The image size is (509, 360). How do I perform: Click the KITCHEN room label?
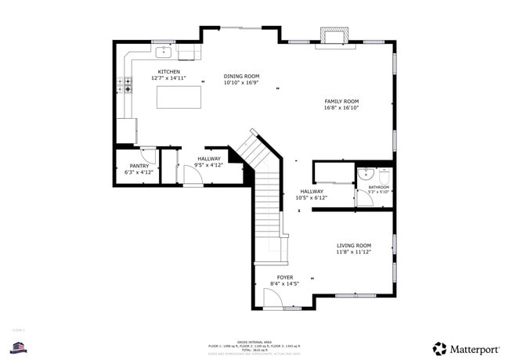coord(168,72)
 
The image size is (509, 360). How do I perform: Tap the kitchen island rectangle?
coord(179,97)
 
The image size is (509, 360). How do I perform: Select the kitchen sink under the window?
coord(164,52)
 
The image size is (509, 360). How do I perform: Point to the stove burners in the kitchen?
coord(125,85)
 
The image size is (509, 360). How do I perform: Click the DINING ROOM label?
coord(240,76)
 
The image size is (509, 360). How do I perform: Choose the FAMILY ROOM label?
coord(341,101)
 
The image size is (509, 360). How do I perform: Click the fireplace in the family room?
coord(334,37)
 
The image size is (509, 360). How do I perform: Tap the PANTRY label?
coord(139,166)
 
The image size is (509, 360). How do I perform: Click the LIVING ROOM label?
coord(353,245)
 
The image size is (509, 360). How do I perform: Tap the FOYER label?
coord(284,277)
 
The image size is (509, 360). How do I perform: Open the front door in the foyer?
coord(273,298)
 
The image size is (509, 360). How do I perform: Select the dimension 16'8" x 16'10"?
coord(341,108)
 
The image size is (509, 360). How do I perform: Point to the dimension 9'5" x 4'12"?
coord(209,165)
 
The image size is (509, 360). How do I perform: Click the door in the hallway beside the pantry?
coord(192,177)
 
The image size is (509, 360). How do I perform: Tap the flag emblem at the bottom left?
coord(19,347)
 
